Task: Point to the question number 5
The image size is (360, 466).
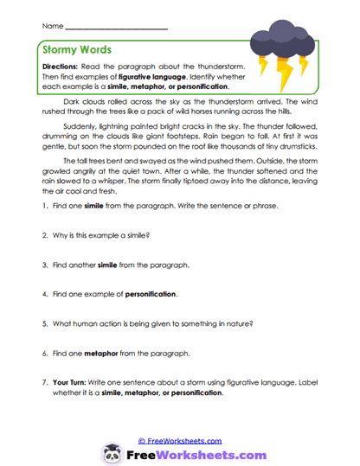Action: [x=43, y=323]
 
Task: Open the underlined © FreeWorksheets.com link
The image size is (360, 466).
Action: [x=180, y=440]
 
